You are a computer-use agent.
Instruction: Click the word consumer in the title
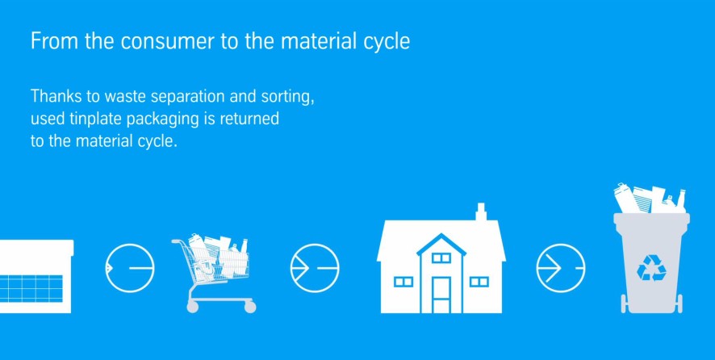[167, 41]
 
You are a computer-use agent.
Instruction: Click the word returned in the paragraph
[249, 119]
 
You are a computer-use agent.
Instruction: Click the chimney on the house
[480, 212]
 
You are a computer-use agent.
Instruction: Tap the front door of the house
[441, 295]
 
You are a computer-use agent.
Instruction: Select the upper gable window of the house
[441, 257]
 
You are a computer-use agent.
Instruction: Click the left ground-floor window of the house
[403, 282]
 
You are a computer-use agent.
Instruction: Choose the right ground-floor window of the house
[479, 282]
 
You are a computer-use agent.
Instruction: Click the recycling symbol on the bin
[651, 267]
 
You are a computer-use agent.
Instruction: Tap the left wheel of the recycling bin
[623, 303]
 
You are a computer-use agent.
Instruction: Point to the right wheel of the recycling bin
[679, 303]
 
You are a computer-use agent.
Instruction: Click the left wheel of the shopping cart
[192, 307]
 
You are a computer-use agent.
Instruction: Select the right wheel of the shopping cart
[250, 307]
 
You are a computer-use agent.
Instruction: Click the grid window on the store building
[31, 288]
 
